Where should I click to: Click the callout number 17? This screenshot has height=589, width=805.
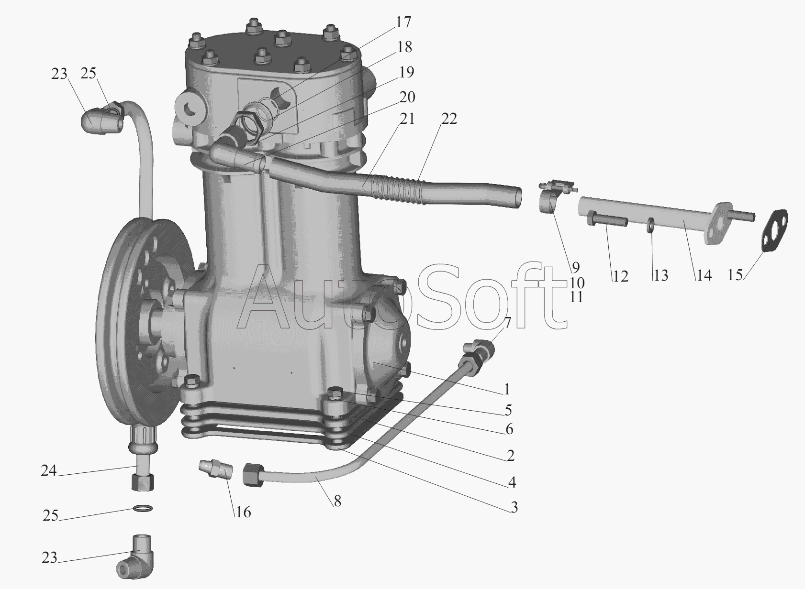403,22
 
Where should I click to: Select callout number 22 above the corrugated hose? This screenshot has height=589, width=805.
449,119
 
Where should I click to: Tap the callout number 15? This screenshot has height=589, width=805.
735,275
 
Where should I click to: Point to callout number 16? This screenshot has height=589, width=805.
243,512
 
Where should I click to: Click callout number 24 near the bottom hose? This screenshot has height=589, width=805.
49,470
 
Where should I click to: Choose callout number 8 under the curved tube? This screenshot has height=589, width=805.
337,502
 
